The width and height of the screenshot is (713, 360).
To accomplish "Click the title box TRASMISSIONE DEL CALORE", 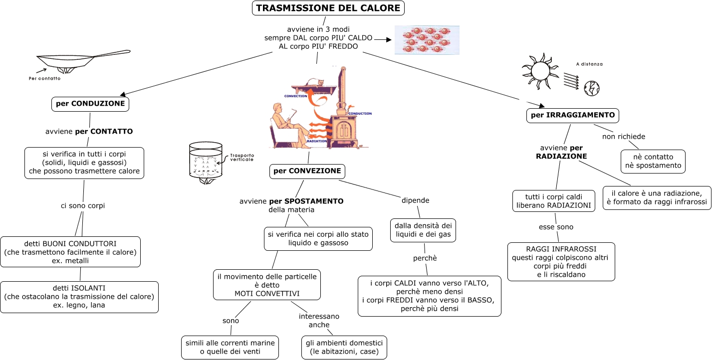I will point(328,8).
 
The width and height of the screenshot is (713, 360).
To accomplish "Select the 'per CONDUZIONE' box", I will point(90,104).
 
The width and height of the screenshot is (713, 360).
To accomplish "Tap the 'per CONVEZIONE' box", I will point(307,171).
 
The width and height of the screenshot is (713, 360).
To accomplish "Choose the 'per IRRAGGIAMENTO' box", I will point(572,115).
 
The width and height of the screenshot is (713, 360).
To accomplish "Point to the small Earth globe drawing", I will point(591,88).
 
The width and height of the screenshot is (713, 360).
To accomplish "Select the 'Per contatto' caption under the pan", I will point(44,78).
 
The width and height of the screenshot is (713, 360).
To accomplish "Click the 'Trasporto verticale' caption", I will point(242,157).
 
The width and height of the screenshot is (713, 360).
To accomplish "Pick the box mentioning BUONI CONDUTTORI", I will point(70,252).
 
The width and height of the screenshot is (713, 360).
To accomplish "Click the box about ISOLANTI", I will point(79,297).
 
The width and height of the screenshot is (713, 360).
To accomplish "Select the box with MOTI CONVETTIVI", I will point(267,285).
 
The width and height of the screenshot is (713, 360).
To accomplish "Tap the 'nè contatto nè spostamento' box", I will point(653,161).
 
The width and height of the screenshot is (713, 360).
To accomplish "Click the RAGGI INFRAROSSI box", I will point(561,262).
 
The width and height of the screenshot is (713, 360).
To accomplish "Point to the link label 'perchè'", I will point(425,258).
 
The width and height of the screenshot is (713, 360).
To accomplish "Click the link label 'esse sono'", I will point(556,227).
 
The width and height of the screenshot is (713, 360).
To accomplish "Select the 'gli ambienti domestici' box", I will point(344,347).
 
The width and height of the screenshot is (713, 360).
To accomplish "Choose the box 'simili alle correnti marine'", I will point(230,347).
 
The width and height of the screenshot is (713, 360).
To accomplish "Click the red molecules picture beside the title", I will point(427,40).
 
